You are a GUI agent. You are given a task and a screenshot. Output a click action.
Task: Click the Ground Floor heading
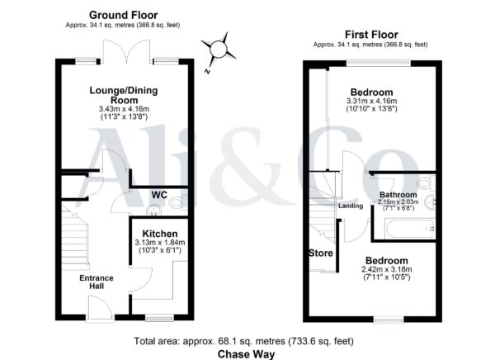pyautogui.click(x=124, y=15)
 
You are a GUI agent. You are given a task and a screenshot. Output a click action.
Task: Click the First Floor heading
pyautogui.click(x=371, y=34)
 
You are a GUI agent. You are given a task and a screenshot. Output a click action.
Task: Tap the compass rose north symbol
pyautogui.click(x=218, y=50)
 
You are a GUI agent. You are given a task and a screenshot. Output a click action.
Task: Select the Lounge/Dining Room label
pyautogui.click(x=124, y=95)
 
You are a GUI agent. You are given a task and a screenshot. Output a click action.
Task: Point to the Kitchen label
pyautogui.click(x=160, y=234)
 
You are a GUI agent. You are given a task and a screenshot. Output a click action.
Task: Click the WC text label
pyautogui.click(x=159, y=195)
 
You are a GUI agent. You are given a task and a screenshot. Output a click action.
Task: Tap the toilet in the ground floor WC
pyautogui.click(x=177, y=202)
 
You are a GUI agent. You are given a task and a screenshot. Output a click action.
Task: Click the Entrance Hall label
pyautogui.click(x=97, y=282)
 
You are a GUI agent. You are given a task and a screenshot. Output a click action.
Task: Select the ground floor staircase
pyautogui.click(x=74, y=238)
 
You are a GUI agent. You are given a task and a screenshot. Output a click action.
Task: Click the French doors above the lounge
pyautogui.click(x=126, y=51)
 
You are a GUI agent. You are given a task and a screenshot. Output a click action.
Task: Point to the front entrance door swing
pyautogui.click(x=100, y=307)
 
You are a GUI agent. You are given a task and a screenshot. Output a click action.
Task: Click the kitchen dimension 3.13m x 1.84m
pyautogui.click(x=160, y=243)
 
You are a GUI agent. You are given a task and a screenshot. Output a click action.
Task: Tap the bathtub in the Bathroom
pyautogui.click(x=409, y=230)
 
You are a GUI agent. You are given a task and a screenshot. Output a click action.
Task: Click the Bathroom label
pyautogui.click(x=398, y=194)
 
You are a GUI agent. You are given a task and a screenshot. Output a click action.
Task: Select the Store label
pyautogui.click(x=321, y=253)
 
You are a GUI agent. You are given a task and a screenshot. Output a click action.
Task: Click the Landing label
pyautogui.click(x=351, y=206)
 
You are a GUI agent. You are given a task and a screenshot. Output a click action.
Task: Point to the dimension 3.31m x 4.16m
pyautogui.click(x=371, y=101)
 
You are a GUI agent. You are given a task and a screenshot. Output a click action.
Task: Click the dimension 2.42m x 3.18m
pyautogui.click(x=387, y=270)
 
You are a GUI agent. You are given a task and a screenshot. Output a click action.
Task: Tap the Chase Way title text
pyautogui.click(x=246, y=354)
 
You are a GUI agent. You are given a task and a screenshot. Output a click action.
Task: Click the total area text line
pyautogui.click(x=243, y=341)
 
